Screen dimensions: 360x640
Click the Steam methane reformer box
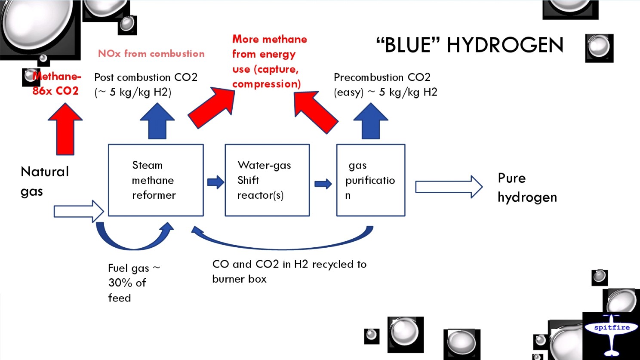(x=155, y=180)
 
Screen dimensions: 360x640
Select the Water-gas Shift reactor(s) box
(x=267, y=180)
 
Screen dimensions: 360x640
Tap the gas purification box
(x=370, y=180)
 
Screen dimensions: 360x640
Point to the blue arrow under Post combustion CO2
(x=157, y=122)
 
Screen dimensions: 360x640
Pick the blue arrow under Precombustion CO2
(x=371, y=122)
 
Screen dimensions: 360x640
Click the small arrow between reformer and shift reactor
(x=215, y=182)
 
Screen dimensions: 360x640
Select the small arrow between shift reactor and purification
(x=323, y=184)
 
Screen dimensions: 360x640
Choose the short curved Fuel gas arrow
(x=133, y=239)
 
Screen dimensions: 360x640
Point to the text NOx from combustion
(x=151, y=54)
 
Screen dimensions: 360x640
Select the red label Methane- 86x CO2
(x=56, y=83)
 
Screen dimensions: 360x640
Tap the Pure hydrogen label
(x=527, y=188)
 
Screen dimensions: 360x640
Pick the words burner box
(x=239, y=279)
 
